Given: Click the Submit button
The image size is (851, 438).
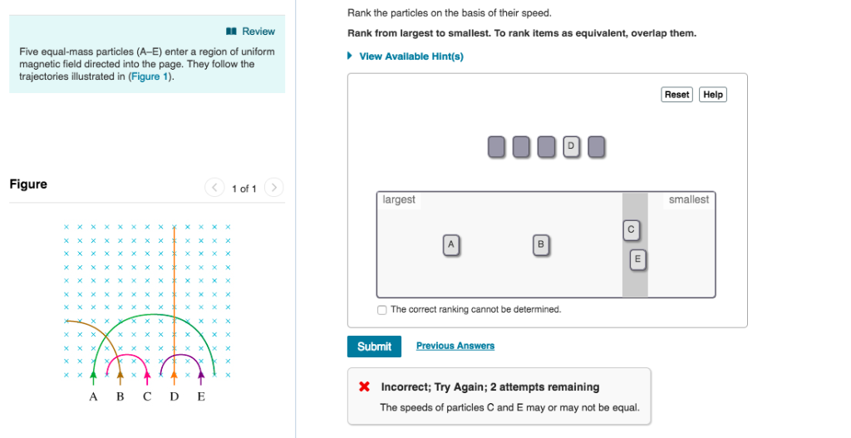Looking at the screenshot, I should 374,347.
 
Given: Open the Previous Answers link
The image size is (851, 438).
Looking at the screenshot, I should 455,346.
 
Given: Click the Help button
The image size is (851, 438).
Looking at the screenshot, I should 712,95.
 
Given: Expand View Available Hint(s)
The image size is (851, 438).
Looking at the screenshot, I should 411,57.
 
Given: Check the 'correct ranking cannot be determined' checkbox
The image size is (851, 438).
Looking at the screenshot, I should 381,310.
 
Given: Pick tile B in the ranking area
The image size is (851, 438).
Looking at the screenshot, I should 541,244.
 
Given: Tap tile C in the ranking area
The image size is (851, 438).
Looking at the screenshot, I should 631,229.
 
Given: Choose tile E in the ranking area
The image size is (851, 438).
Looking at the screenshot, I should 637,259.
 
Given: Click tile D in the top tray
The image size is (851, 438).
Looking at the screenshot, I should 571,147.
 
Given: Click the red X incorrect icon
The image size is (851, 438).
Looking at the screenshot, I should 364,387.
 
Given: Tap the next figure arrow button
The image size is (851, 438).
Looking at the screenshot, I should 275,188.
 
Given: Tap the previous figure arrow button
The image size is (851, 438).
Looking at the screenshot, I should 214,188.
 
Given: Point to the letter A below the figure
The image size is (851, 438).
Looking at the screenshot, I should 93,396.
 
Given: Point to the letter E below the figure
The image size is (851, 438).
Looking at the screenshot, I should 200,396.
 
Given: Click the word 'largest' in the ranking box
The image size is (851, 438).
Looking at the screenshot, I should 399,200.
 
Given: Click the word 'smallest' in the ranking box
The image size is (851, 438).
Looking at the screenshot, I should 688,200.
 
